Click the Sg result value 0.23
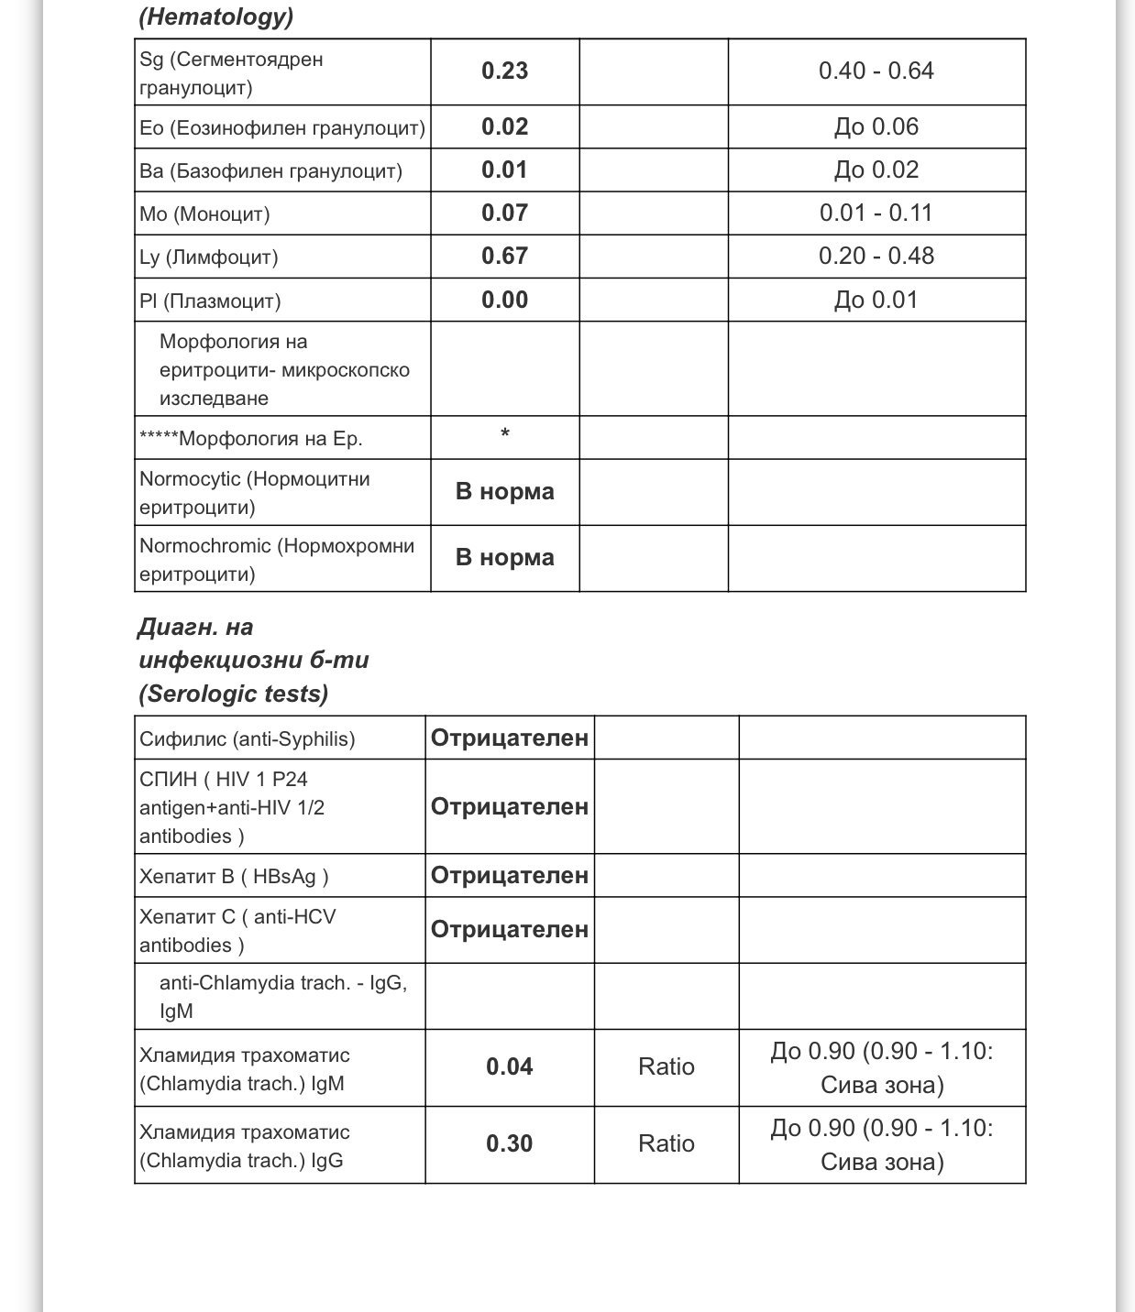[x=504, y=71]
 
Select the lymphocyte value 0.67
[x=504, y=256]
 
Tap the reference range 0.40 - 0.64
[x=876, y=71]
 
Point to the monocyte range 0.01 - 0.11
[x=876, y=213]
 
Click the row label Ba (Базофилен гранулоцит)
[x=270, y=171]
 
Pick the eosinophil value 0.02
[x=504, y=126]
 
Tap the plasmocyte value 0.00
[x=504, y=301]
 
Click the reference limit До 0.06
[x=876, y=126]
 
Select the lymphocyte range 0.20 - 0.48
[x=876, y=256]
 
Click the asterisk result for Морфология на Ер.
[x=504, y=433]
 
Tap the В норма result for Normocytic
[x=504, y=492]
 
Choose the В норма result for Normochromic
[x=504, y=558]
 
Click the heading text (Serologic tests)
[x=234, y=694]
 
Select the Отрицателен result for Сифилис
[x=509, y=738]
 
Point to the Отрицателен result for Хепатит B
[x=509, y=876]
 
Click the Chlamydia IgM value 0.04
[x=509, y=1067]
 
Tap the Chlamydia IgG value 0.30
[x=509, y=1144]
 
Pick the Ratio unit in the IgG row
[x=666, y=1144]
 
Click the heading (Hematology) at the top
[x=216, y=16]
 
